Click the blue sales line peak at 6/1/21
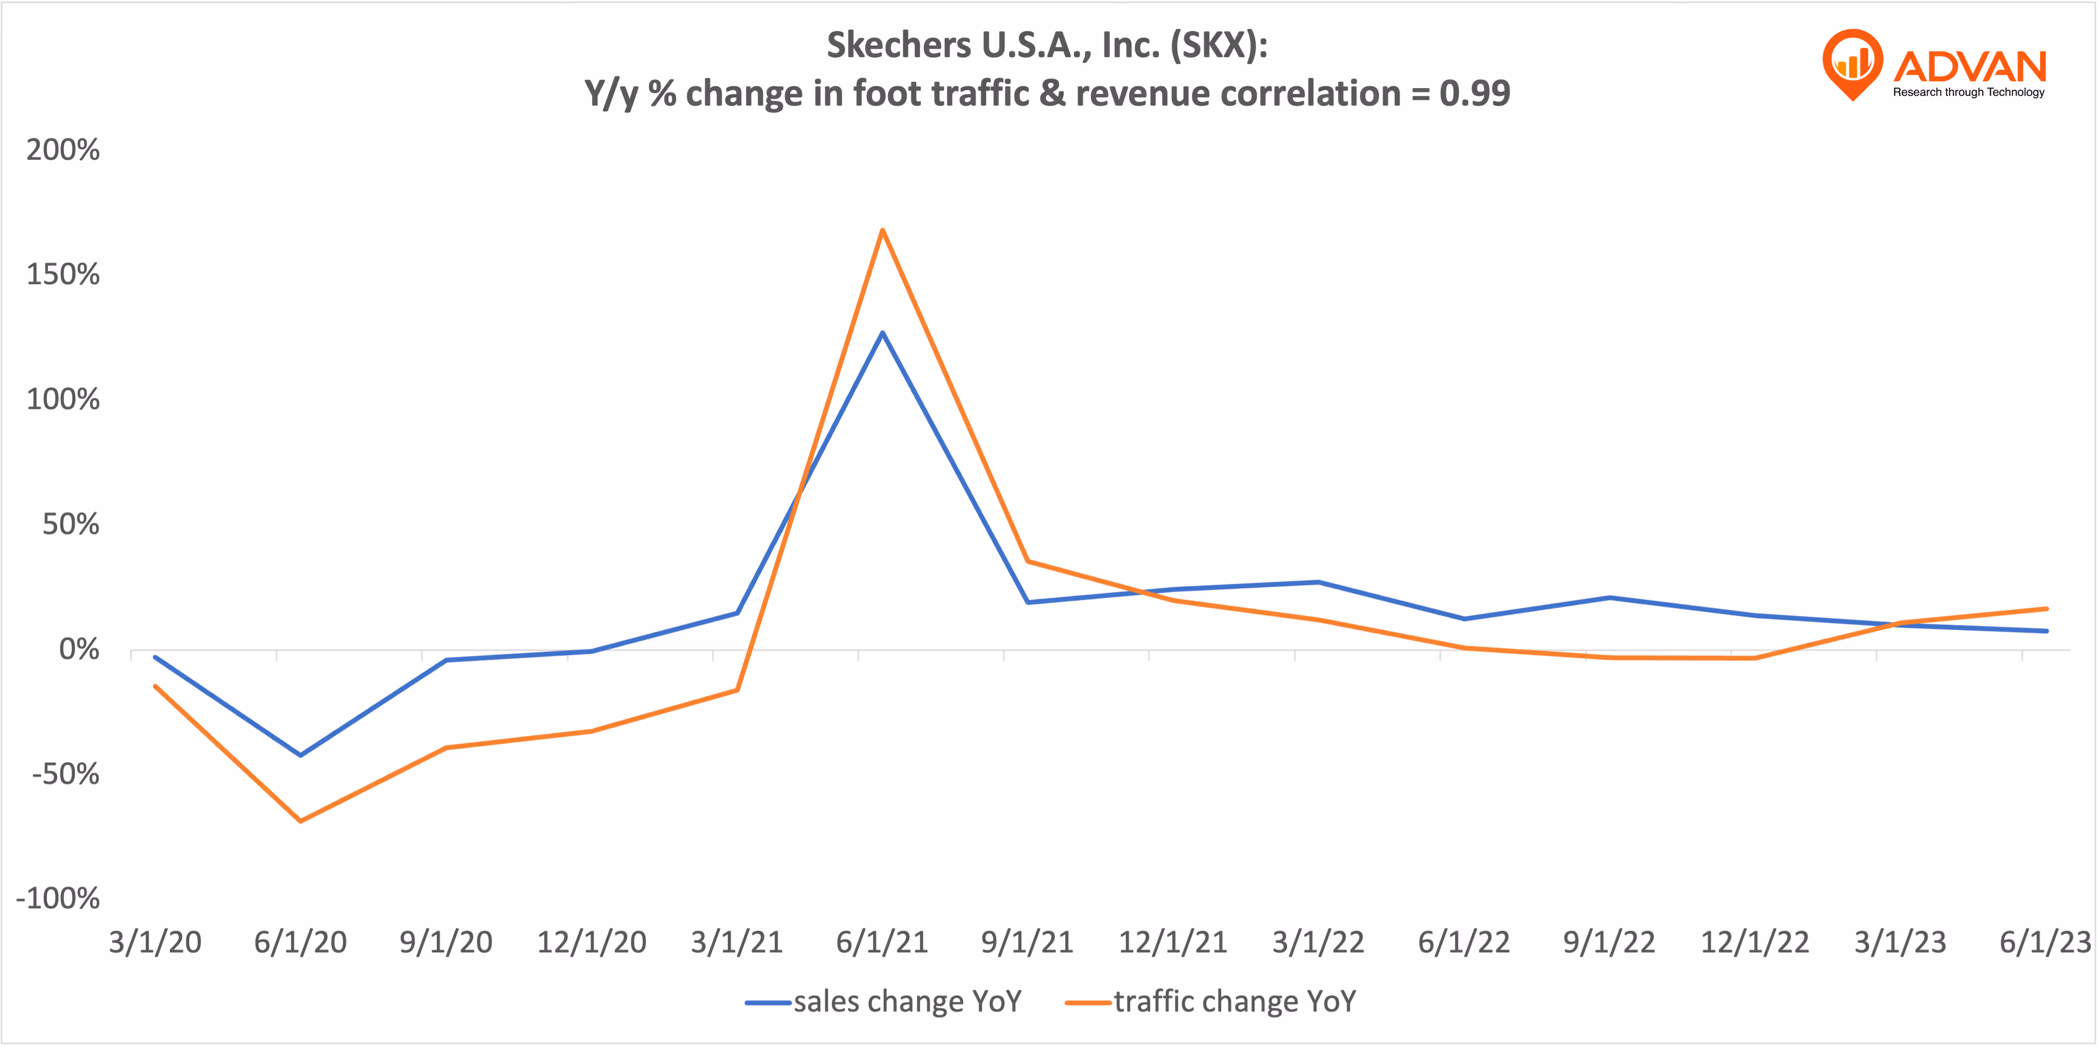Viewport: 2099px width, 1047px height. coord(883,333)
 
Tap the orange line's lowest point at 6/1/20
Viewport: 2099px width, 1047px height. coord(301,820)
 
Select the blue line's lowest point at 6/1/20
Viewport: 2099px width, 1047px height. coord(301,755)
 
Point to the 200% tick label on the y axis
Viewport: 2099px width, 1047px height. coord(63,150)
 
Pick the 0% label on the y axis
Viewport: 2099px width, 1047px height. coord(79,650)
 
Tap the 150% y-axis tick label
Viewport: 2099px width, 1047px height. coord(63,274)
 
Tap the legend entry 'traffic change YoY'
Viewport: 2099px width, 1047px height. coord(1235,1001)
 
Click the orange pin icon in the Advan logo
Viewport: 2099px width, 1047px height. coord(1852,63)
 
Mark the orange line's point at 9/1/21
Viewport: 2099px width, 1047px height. coord(1028,561)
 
